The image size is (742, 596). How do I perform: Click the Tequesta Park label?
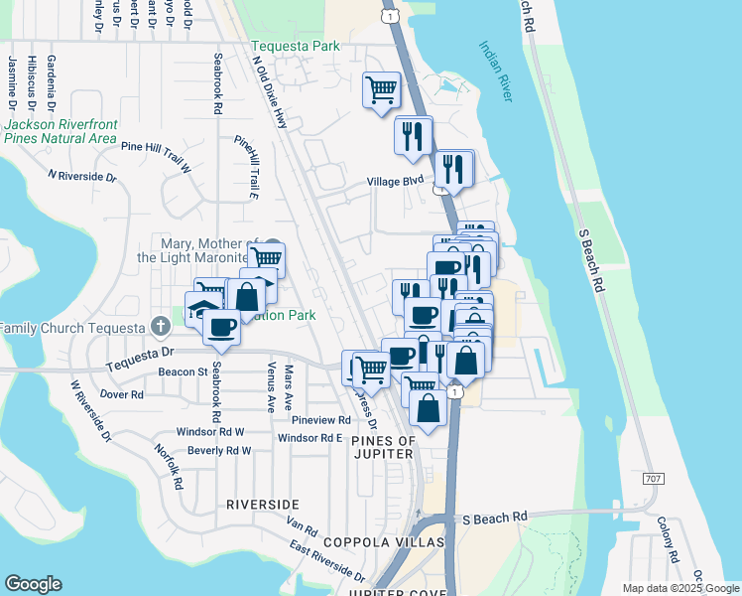296,46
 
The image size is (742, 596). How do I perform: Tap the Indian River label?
495,71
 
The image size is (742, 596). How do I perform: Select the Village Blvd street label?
395,182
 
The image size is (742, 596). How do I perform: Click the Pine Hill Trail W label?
156,145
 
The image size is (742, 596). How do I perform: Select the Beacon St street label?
182,372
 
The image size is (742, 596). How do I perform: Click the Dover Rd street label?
122,394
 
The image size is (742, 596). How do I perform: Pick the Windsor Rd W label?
210,432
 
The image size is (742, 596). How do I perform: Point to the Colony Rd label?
668,537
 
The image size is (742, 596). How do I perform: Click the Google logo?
33,584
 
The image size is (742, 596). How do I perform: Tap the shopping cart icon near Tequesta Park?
382,89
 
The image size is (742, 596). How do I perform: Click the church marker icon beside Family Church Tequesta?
160,326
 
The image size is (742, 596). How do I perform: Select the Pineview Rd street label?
314,420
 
